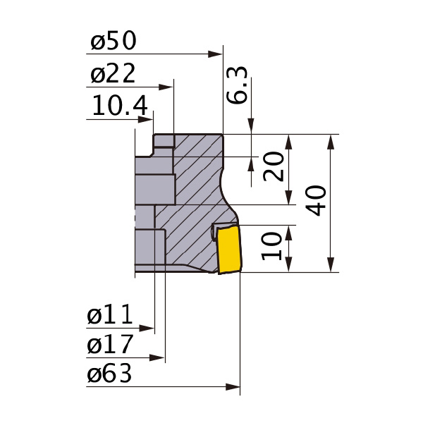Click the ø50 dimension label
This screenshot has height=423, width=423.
113,42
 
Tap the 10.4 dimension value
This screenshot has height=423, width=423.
120,107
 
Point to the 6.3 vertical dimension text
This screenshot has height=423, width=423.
237,85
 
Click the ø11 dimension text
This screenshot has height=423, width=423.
110,317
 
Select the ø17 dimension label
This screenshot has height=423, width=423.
110,345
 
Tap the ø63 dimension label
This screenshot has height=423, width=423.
110,374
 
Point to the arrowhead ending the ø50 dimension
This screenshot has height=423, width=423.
216,53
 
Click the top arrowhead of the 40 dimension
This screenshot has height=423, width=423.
330,141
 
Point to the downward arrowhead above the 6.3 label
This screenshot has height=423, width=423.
251,127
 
